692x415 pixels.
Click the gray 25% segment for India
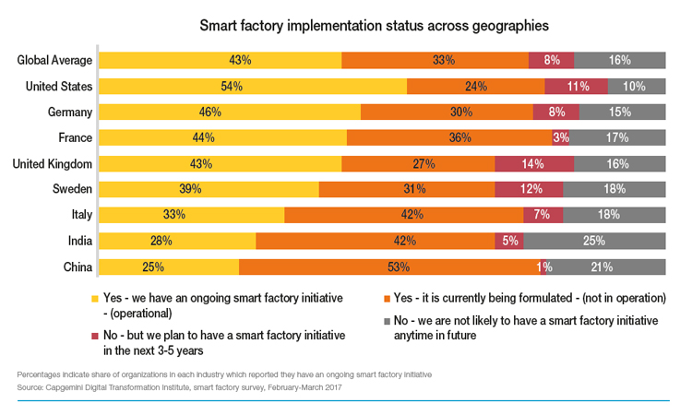click(x=593, y=242)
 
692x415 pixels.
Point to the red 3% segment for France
click(x=560, y=138)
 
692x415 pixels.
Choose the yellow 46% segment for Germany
click(x=230, y=113)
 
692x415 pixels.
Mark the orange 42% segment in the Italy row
click(x=403, y=216)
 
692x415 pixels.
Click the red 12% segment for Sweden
click(x=529, y=190)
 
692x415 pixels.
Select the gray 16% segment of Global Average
click(x=619, y=61)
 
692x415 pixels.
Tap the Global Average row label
click(x=55, y=61)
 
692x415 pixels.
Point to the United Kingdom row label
click(x=52, y=164)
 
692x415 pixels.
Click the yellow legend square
click(x=94, y=299)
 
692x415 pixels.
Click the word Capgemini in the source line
click(x=71, y=385)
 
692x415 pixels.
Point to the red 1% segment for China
click(x=543, y=267)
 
